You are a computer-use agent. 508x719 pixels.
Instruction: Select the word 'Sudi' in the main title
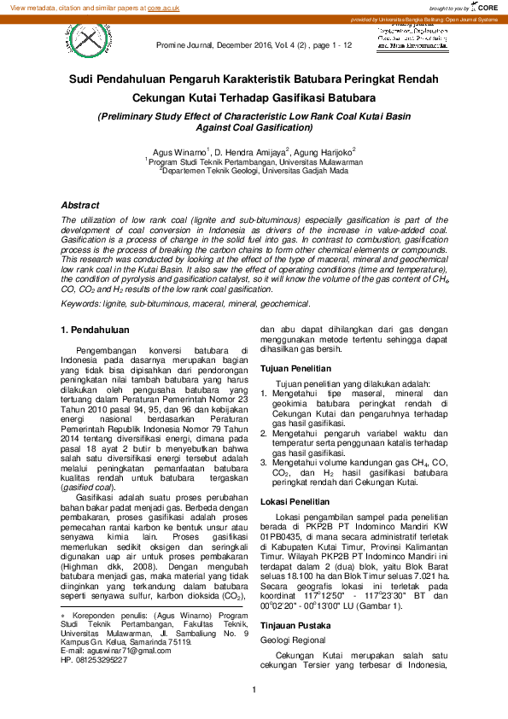(83, 79)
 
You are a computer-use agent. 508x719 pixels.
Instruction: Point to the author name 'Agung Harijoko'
(328, 150)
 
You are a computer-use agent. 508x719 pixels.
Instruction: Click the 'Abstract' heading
(80, 206)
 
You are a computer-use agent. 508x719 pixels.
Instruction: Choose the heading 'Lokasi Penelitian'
(296, 501)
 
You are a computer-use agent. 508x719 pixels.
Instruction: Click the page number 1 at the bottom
(254, 691)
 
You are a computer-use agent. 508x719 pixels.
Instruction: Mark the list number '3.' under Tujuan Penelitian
(265, 462)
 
